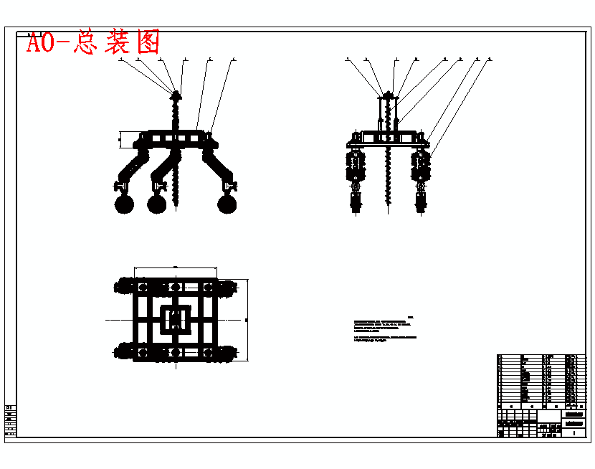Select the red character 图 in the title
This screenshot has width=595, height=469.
coord(148,42)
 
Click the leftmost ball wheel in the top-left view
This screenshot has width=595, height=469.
coord(124,204)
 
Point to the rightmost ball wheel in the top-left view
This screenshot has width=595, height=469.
coord(227,204)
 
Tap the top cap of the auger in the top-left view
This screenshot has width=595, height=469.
coord(176,93)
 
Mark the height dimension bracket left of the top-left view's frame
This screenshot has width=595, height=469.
coord(120,138)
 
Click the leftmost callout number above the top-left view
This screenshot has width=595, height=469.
coord(120,60)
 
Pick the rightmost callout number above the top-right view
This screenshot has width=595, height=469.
coord(490,60)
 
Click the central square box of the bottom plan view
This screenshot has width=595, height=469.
coord(176,318)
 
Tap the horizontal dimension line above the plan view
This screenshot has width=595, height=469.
coord(176,269)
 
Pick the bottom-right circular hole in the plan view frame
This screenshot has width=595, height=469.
coord(209,352)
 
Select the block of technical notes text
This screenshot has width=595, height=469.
coord(385,329)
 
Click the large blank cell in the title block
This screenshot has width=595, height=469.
coord(548,417)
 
